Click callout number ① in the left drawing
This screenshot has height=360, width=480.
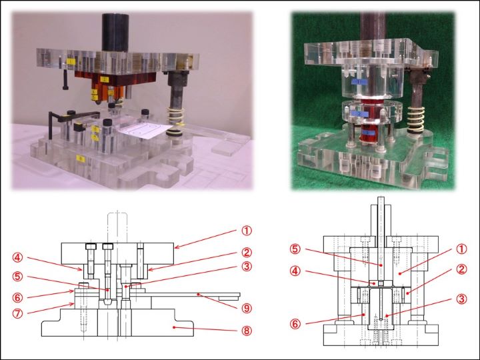coord(247,231)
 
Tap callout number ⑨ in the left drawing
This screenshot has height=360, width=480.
coord(247,309)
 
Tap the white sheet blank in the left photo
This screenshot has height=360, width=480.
coord(143,131)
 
